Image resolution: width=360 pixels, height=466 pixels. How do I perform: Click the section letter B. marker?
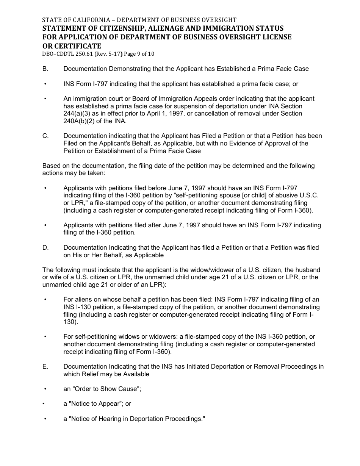click(x=45, y=69)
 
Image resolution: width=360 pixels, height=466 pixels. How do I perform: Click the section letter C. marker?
click(x=45, y=136)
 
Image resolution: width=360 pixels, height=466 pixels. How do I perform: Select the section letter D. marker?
click(x=45, y=248)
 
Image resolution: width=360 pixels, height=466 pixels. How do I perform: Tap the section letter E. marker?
click(x=45, y=367)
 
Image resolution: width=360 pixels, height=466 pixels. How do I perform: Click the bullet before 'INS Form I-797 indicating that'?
click(x=45, y=84)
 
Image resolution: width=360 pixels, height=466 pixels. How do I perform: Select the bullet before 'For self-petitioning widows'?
click(x=45, y=337)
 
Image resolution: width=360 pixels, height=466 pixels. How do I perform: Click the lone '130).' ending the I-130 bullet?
click(x=71, y=322)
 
